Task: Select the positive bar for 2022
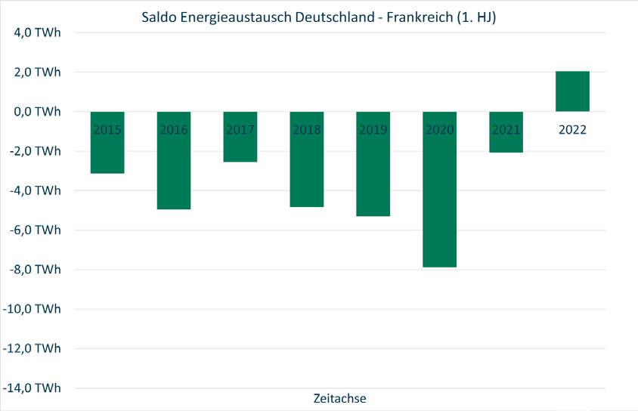(572, 91)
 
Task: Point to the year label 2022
(572, 130)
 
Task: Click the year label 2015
(107, 130)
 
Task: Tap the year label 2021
(506, 130)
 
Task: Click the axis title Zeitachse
(339, 397)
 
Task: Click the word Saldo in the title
(159, 17)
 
